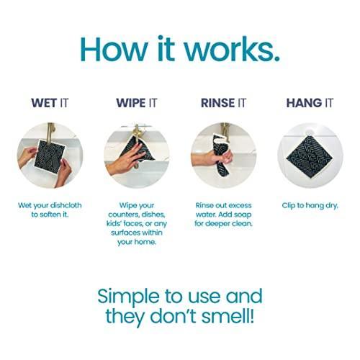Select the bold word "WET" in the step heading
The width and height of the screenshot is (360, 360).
coord(44,103)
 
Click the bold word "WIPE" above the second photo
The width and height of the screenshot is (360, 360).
coord(130,103)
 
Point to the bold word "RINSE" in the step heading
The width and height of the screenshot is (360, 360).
coord(218,103)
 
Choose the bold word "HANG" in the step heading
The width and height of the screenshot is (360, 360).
coord(304,103)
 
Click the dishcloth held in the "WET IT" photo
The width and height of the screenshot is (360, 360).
coord(50,156)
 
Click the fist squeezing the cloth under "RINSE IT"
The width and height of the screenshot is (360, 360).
coord(222,157)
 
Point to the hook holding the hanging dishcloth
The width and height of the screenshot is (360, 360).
coord(309,132)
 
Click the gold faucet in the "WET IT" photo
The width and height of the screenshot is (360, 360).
coord(51,132)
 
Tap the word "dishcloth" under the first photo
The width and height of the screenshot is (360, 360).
coord(66,206)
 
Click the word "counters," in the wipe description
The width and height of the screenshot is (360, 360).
coord(123,215)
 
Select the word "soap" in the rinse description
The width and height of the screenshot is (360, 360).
coord(242,215)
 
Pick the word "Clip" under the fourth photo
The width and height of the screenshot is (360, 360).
coord(288,206)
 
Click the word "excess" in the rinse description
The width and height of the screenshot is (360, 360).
coord(240,206)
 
